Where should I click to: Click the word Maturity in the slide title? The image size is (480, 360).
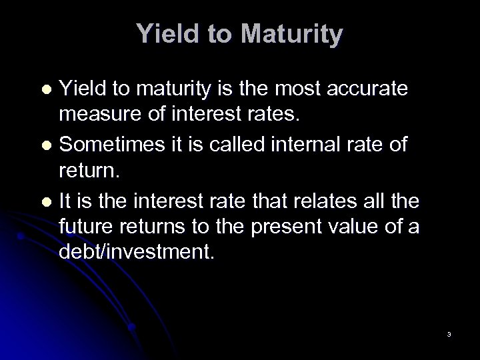click(295, 35)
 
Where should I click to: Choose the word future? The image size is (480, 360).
click(83, 227)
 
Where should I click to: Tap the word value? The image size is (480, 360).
click(358, 227)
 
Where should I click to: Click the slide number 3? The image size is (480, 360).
click(449, 334)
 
